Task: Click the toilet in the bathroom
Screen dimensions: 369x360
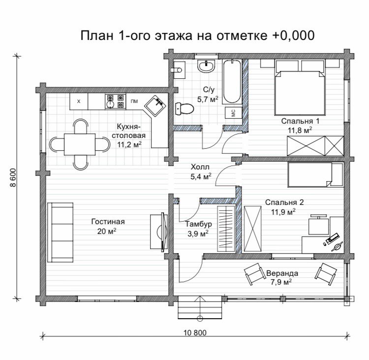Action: click(184, 109)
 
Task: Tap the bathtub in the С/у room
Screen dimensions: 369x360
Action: click(232, 81)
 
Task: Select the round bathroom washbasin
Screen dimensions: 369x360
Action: click(206, 65)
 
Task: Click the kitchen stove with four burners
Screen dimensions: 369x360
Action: click(115, 101)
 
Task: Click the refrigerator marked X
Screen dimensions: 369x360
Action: click(79, 101)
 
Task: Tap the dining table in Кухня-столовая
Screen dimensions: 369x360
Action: click(80, 144)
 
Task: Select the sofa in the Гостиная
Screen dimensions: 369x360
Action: click(61, 232)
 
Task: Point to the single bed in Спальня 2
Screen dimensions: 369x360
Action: click(315, 174)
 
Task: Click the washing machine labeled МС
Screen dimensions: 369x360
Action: click(233, 113)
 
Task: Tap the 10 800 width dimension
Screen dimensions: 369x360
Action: click(195, 332)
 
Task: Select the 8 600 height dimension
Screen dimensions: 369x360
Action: click(13, 177)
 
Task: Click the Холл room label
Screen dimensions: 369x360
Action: click(200, 167)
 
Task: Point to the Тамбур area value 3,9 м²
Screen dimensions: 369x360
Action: click(198, 234)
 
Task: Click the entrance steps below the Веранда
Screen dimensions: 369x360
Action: click(200, 307)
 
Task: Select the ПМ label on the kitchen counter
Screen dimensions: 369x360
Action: click(134, 101)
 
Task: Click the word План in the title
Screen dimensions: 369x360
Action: click(97, 35)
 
